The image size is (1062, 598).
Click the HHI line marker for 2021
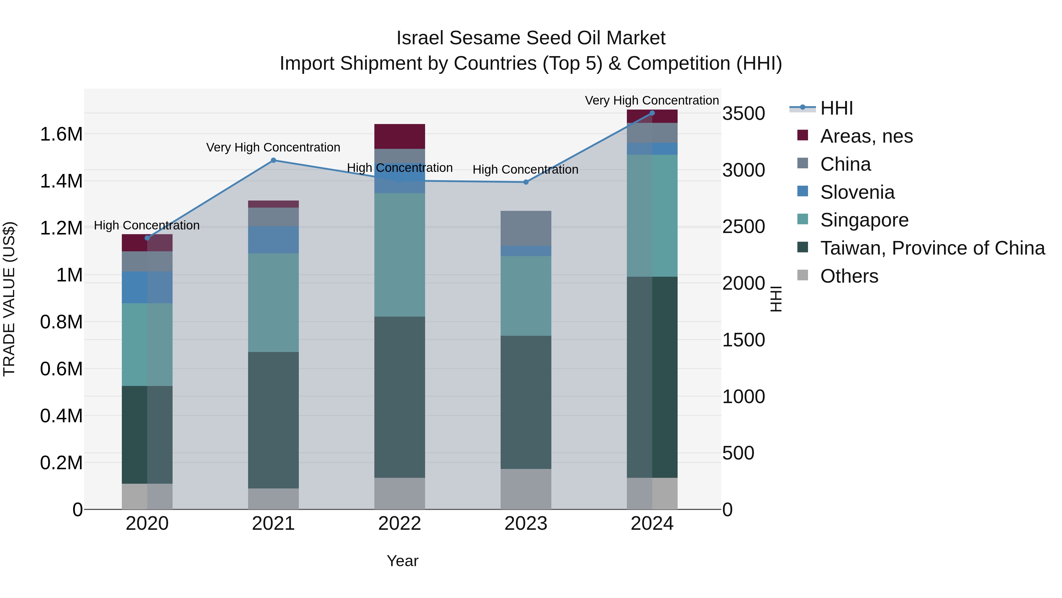point(273,160)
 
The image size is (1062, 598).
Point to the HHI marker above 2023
point(526,182)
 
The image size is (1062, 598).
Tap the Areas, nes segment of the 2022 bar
point(399,136)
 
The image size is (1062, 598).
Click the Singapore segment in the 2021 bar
point(273,302)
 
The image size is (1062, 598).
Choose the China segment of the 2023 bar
point(526,228)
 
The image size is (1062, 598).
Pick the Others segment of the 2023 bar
point(526,489)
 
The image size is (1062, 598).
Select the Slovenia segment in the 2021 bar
point(273,240)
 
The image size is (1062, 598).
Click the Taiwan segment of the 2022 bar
point(399,397)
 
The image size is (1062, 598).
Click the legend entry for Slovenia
point(857,192)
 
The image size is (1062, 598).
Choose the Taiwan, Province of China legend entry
point(932,248)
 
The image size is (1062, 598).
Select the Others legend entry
point(849,276)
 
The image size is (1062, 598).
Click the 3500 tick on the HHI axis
point(743,113)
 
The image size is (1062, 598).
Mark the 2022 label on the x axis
point(399,524)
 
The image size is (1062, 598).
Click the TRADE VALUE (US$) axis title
point(9,299)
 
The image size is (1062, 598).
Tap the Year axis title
point(402,561)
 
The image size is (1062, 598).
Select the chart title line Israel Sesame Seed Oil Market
point(531,38)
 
